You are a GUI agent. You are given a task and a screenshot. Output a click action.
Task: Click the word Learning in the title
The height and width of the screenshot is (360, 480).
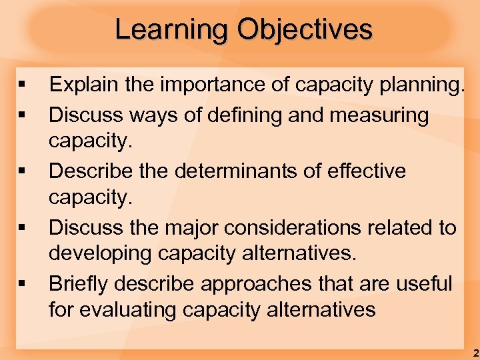click(171, 30)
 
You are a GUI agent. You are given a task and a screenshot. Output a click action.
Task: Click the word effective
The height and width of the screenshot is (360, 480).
click(367, 171)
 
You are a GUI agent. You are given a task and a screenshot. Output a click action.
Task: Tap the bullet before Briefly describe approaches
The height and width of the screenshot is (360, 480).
click(23, 284)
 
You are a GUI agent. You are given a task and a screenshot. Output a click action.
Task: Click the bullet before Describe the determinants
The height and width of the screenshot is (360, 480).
click(23, 171)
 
